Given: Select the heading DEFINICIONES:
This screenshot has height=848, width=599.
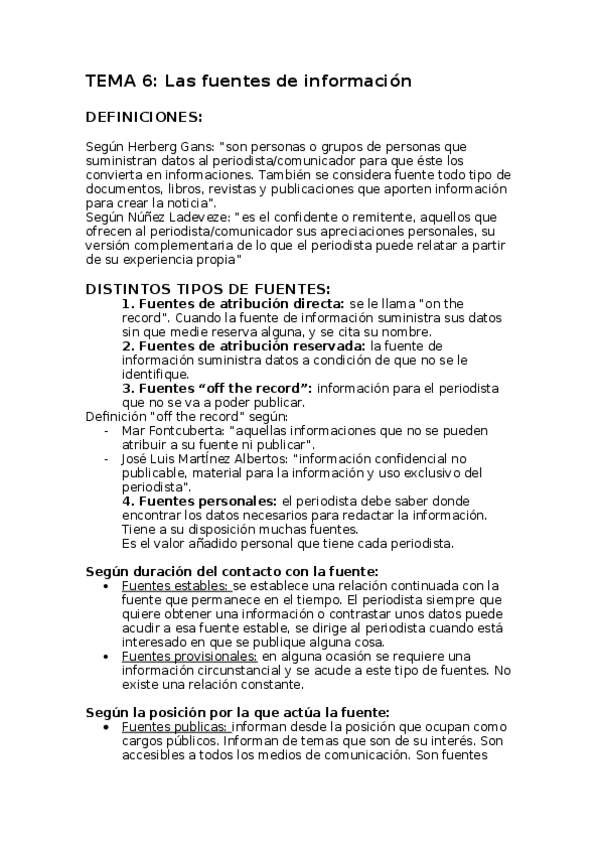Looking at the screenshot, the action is [145, 117].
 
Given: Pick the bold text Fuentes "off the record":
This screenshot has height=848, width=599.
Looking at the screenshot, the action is [218, 388].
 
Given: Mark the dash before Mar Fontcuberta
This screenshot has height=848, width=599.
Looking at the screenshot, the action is [107, 431].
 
